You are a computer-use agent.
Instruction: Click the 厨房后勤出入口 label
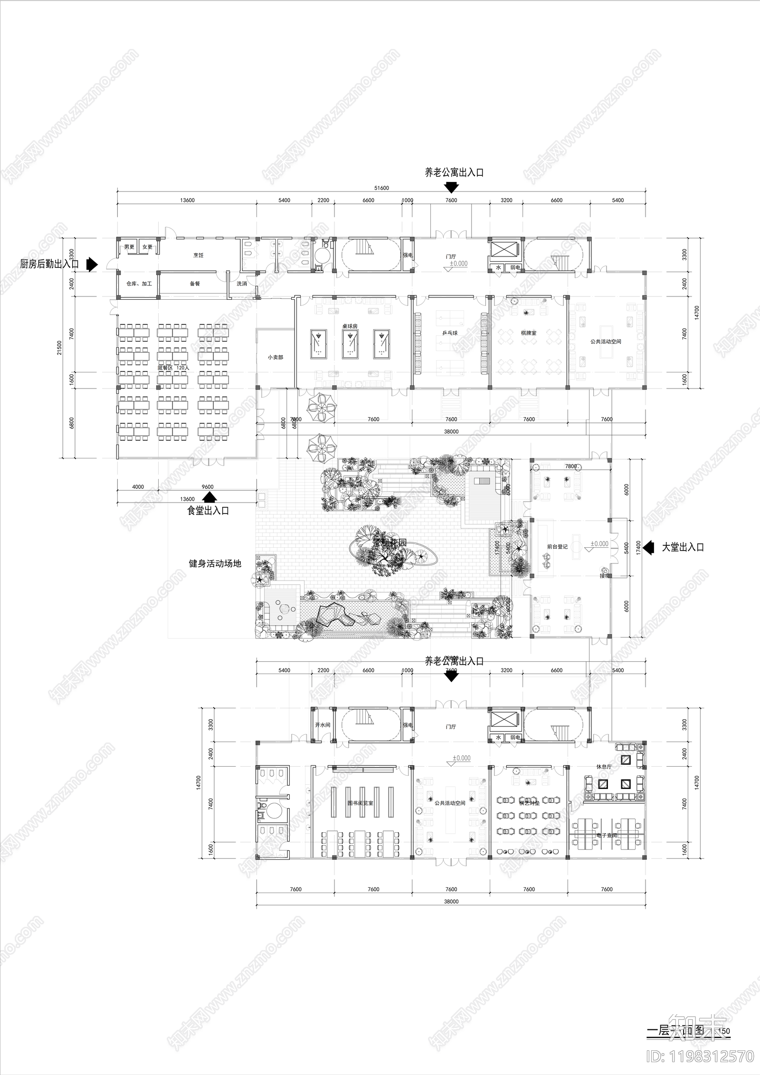click(49, 264)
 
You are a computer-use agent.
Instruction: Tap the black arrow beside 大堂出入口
click(648, 547)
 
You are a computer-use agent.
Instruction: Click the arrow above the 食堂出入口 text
click(209, 497)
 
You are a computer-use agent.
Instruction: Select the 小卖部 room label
click(275, 357)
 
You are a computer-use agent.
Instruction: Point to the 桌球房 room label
click(350, 327)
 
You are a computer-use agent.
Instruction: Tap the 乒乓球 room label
click(450, 333)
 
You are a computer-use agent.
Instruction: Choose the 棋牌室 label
click(528, 333)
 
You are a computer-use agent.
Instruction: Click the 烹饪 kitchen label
click(198, 255)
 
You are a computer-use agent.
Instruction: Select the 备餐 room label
click(195, 284)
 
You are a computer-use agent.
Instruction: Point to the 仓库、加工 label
click(139, 284)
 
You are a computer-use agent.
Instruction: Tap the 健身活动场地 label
click(215, 564)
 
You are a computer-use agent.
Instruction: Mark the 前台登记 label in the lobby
click(557, 547)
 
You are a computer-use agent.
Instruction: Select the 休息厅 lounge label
click(604, 767)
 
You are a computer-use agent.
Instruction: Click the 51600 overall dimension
click(381, 188)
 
